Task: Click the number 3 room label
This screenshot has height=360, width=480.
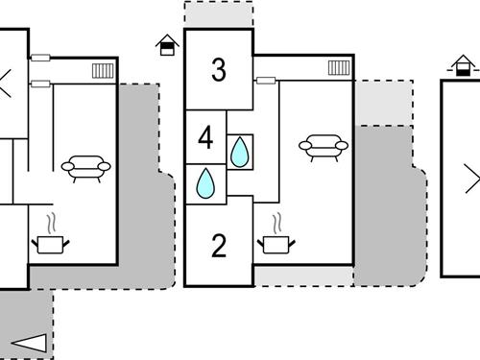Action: pos(219,70)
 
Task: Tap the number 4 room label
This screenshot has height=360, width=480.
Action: pos(204,137)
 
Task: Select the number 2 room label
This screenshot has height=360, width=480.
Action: pos(219,246)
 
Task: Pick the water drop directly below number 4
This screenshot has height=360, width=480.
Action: pos(205,183)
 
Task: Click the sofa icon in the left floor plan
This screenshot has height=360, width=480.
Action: pos(85,168)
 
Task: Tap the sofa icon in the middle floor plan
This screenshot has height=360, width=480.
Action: pos(324,146)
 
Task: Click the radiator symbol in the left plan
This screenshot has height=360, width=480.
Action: pos(103,70)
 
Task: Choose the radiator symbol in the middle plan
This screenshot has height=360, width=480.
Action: pos(337,67)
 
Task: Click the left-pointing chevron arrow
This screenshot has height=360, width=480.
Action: pos(6,83)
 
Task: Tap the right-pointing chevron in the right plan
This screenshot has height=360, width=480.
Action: pos(471,179)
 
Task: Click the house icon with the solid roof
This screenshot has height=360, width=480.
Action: pos(167,45)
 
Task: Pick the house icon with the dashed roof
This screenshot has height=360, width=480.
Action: pos(464,65)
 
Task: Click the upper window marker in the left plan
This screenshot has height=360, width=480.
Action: pos(40,59)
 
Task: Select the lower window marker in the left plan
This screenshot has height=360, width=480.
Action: pos(40,84)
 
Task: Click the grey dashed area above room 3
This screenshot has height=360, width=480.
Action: pos(219,14)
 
